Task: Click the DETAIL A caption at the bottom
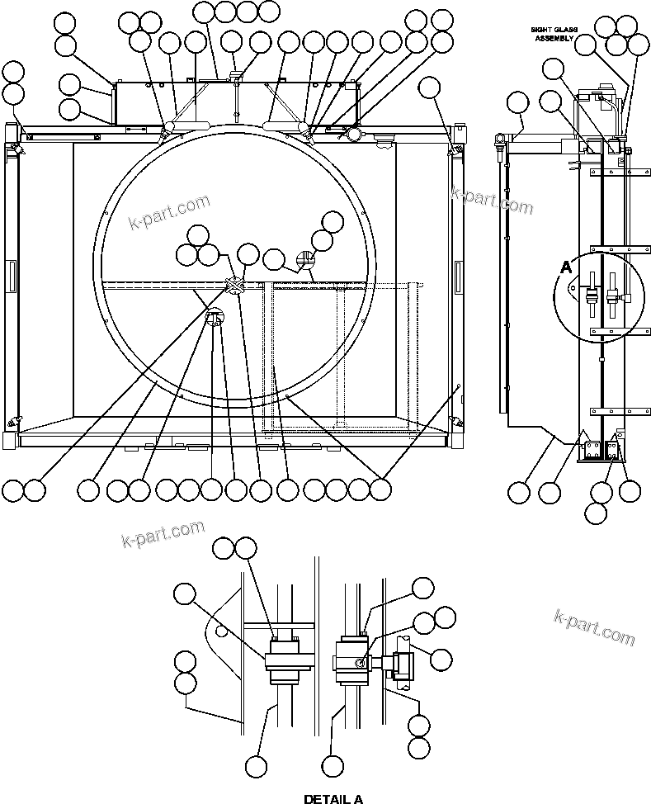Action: (333, 798)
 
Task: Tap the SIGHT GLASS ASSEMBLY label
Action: (554, 34)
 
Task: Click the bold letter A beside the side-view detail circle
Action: (566, 267)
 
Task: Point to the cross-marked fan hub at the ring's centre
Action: (235, 286)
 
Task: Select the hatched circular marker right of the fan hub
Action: (305, 262)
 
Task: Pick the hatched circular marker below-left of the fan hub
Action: (215, 317)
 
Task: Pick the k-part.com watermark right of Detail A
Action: (594, 627)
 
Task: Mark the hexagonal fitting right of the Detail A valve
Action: (404, 662)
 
